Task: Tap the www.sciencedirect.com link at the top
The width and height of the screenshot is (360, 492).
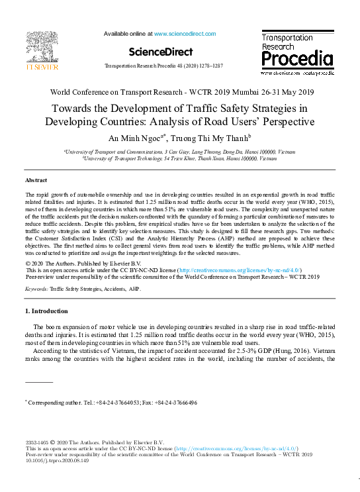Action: tap(185, 33)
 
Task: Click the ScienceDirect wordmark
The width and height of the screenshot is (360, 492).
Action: tap(161, 52)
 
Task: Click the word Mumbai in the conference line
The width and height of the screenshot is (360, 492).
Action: tap(253, 92)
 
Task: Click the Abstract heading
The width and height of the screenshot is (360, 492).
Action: tap(36, 180)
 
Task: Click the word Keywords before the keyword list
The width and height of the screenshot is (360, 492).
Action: tap(36, 289)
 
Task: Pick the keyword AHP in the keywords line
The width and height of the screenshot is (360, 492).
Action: tap(135, 289)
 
